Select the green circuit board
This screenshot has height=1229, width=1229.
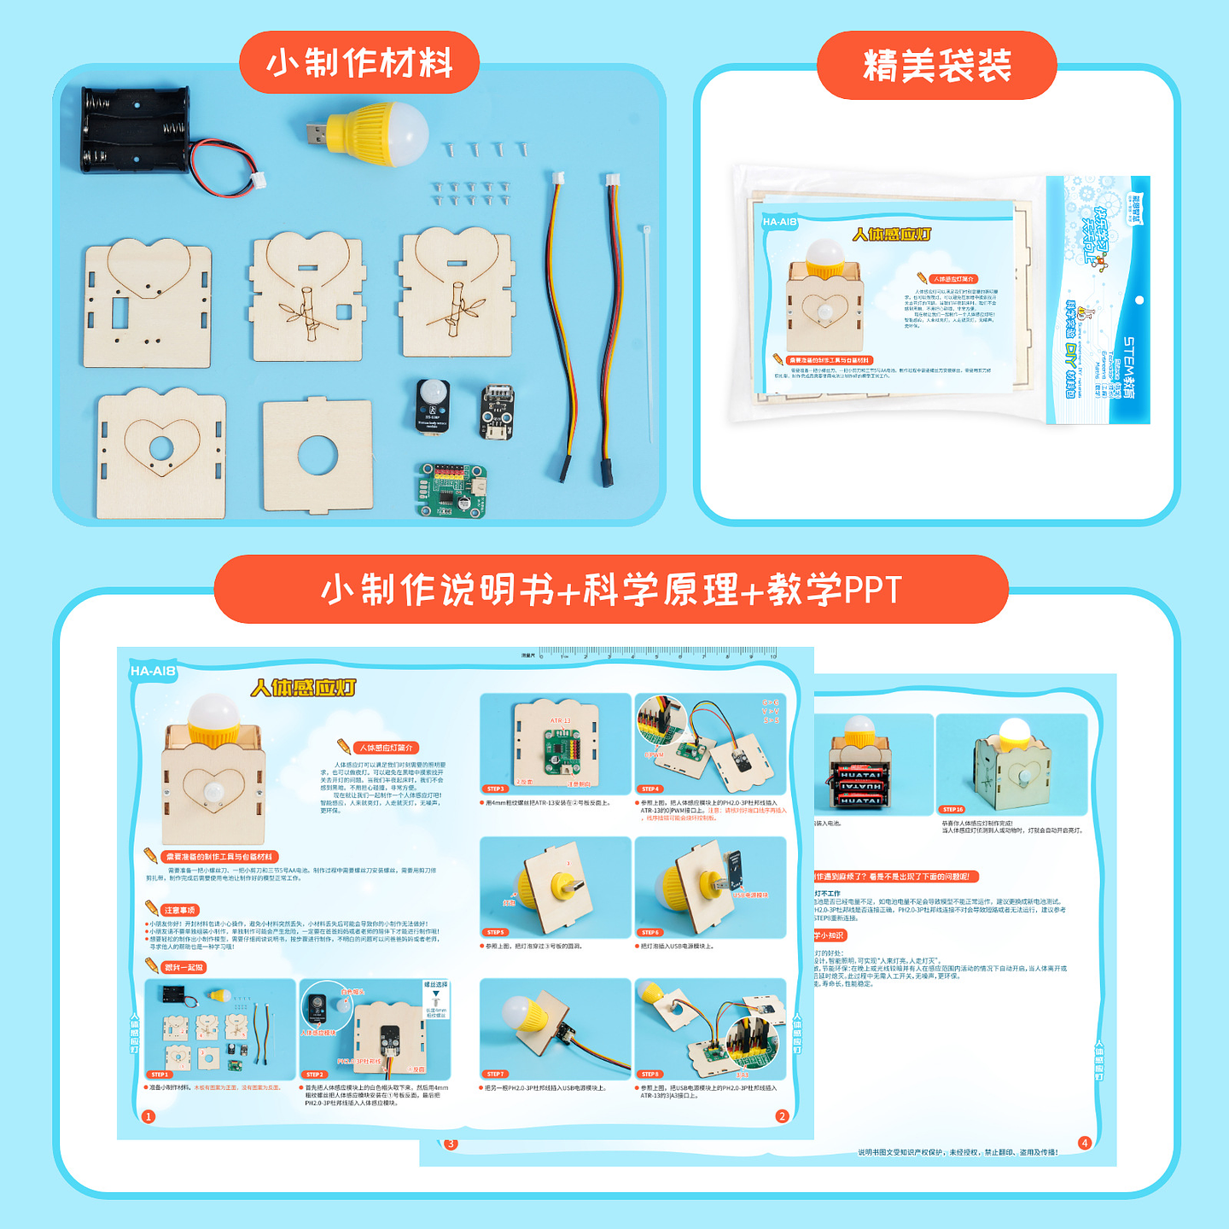pos(451,491)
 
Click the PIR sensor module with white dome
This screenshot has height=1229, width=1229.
pos(434,405)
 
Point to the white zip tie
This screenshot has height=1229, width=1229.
pos(648,333)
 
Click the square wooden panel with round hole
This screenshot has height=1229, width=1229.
pos(317,457)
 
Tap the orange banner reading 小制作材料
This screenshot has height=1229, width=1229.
pos(359,63)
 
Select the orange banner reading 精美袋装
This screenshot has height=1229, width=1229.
pos(936,66)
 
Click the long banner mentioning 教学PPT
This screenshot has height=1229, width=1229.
pos(611,590)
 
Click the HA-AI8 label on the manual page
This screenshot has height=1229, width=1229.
pos(153,672)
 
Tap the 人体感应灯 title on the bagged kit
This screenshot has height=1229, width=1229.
pos(891,234)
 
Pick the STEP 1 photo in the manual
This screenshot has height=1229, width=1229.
pos(220,1029)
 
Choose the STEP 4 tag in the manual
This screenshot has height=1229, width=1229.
pos(650,789)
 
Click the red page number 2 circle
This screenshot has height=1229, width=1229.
pos(782,1116)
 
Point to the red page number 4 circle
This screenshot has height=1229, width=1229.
pos(1085,1143)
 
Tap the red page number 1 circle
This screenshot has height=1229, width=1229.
pos(149,1116)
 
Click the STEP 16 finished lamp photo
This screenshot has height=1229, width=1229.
pos(1011,764)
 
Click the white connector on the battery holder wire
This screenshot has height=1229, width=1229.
pos(255,181)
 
